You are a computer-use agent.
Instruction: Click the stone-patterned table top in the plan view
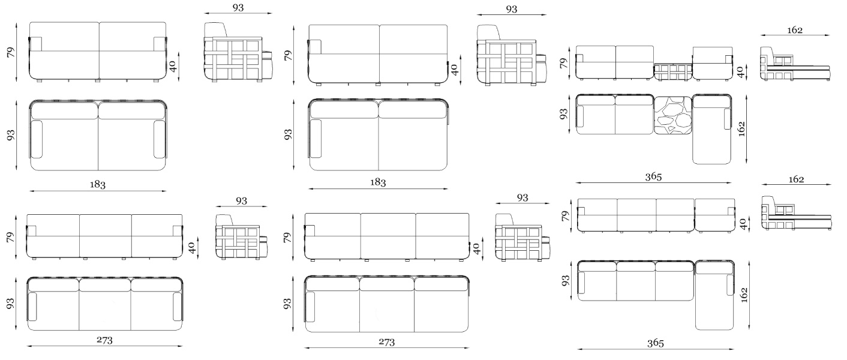[672, 115]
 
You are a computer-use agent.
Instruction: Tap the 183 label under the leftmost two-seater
[98, 184]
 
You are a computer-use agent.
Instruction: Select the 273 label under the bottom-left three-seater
[104, 340]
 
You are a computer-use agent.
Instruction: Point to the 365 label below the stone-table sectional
[653, 176]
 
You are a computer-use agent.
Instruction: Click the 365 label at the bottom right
[655, 343]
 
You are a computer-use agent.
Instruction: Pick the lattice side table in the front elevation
[673, 72]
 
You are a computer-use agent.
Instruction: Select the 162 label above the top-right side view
[794, 30]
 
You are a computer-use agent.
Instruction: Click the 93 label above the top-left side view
[238, 8]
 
